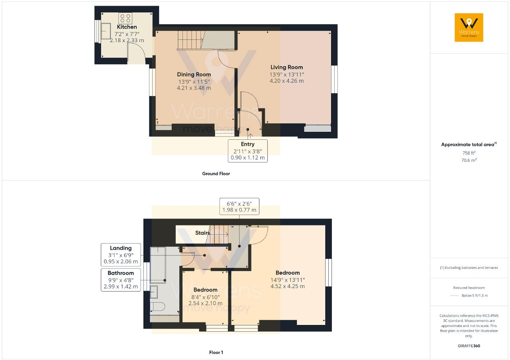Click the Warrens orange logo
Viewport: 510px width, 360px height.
click(x=469, y=27)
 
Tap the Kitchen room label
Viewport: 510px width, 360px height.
click(x=127, y=27)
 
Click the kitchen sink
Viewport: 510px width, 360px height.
click(x=106, y=31)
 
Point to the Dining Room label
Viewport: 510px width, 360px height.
click(x=194, y=74)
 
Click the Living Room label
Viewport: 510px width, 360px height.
click(x=286, y=67)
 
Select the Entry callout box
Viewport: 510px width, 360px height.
click(x=247, y=151)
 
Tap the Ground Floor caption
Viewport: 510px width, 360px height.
click(x=216, y=174)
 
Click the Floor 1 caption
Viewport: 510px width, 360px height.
click(x=216, y=352)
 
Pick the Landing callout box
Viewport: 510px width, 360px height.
click(x=121, y=255)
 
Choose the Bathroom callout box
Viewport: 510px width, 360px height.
click(x=121, y=280)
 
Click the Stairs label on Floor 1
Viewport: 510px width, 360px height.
click(x=202, y=233)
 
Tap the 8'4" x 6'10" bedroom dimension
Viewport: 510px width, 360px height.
click(x=205, y=297)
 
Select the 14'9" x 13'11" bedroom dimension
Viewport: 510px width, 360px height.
click(x=287, y=280)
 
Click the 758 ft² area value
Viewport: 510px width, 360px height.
click(x=469, y=153)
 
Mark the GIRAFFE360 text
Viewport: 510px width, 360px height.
click(x=469, y=346)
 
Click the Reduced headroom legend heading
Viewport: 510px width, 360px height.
click(x=469, y=288)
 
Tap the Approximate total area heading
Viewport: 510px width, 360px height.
click(x=468, y=145)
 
